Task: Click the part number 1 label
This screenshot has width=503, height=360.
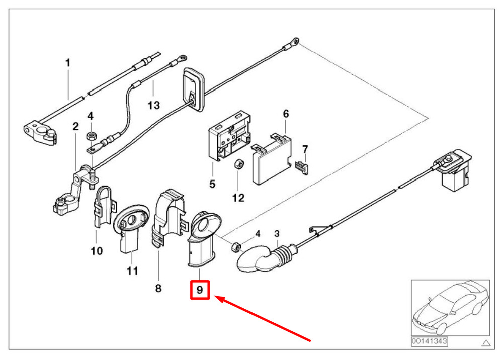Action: coord(68,63)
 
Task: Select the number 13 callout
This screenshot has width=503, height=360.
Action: coord(153,105)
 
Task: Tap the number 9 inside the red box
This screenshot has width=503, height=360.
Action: coord(200,290)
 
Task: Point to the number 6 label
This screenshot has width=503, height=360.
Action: coord(286,114)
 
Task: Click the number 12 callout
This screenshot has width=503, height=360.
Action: coord(238,198)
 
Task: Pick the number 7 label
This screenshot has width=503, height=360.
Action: coord(305,149)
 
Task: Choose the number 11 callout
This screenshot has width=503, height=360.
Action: coord(132,271)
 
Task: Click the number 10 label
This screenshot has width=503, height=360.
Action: coord(97,251)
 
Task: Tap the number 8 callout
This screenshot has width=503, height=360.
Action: coord(158,288)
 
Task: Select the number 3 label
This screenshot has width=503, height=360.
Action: coord(277,234)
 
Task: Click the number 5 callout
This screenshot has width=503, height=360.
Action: coord(212,184)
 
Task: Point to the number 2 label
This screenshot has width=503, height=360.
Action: coord(76,126)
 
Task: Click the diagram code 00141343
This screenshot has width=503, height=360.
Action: coord(429,341)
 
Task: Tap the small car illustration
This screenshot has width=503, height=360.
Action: coord(451,308)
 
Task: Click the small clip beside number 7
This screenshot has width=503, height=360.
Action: coord(302,168)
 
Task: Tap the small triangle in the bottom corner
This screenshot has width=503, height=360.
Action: coord(486,343)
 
